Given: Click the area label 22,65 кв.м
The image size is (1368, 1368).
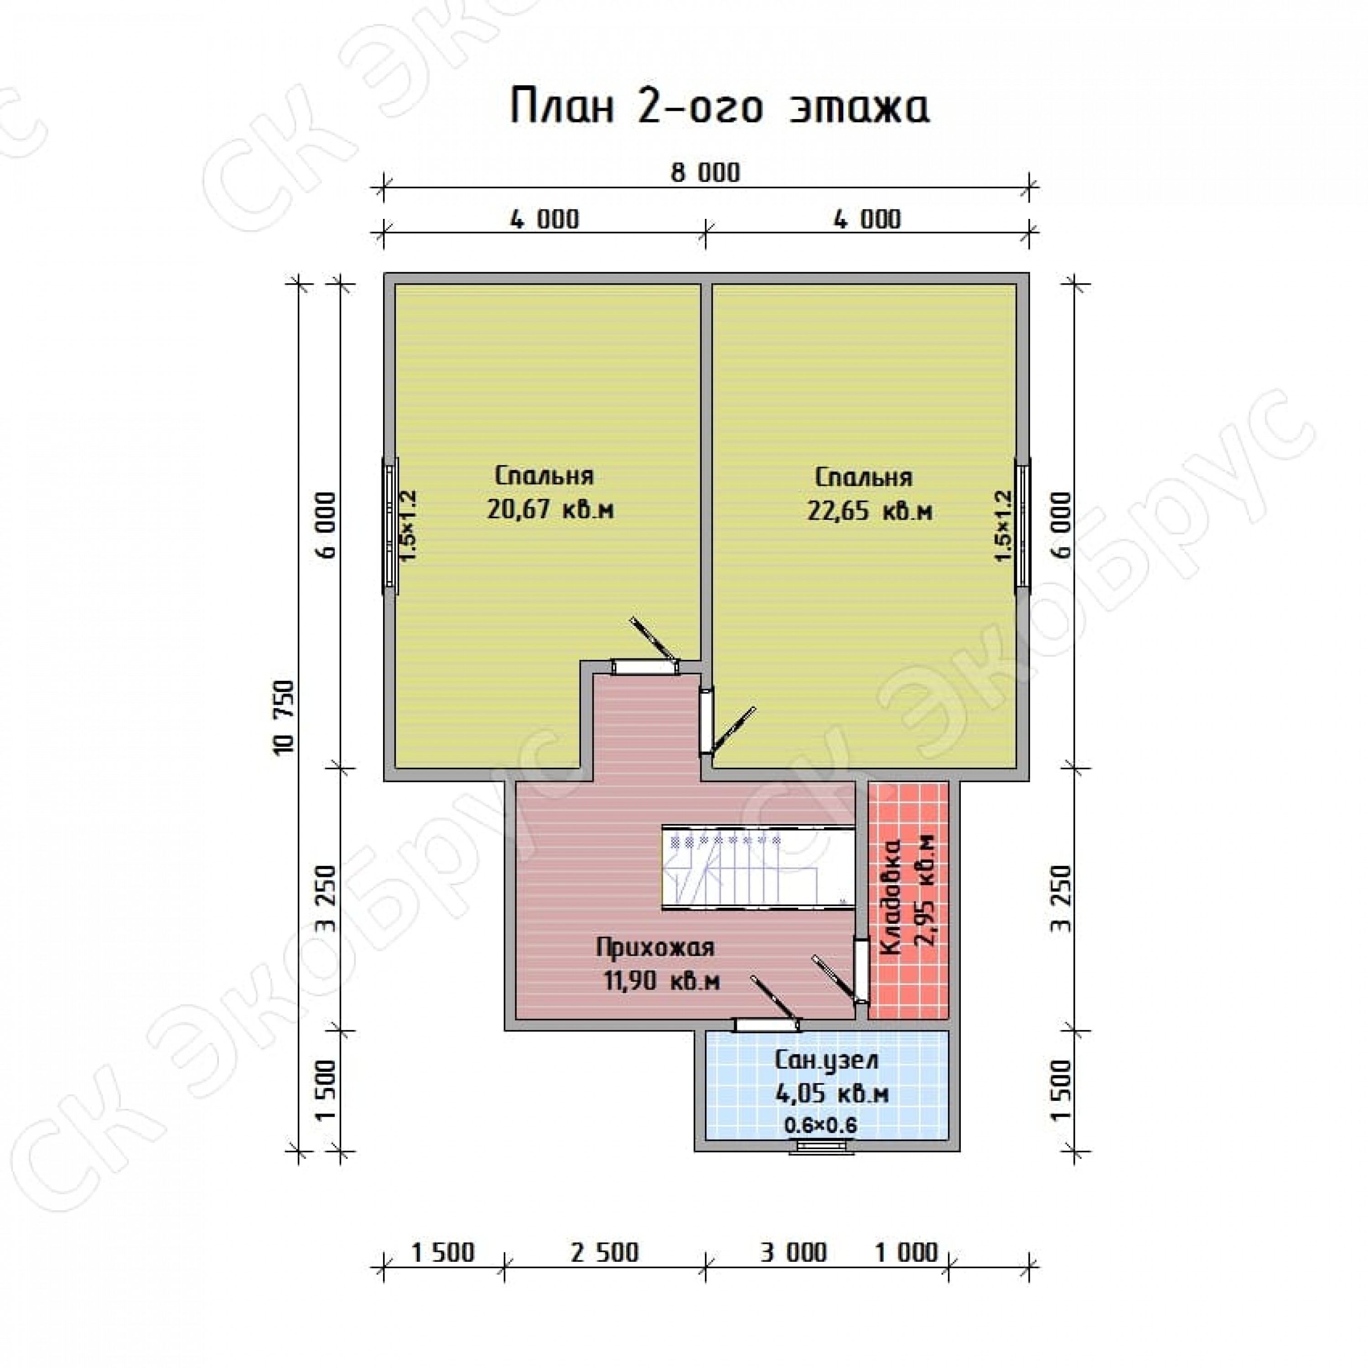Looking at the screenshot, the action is click(x=870, y=511).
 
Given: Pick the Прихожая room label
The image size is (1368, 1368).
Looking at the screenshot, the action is click(x=655, y=948).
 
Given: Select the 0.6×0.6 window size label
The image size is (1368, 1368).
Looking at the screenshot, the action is click(x=821, y=1124).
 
